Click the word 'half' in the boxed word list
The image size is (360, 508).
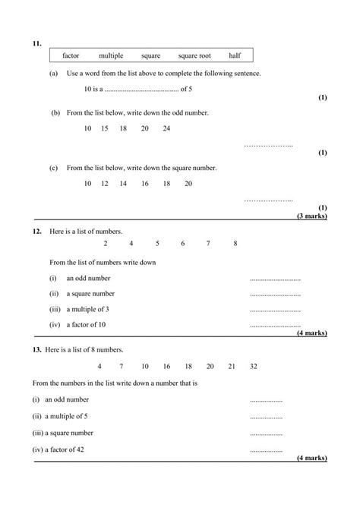[235, 55]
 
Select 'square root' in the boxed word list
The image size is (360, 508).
[195, 55]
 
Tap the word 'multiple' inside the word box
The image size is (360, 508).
[111, 55]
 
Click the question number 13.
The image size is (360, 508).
[36, 349]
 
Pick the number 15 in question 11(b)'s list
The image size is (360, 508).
[105, 128]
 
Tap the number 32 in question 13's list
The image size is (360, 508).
[253, 366]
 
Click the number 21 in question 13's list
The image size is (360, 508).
[232, 366]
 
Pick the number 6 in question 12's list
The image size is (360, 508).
[183, 243]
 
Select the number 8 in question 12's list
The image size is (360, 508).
[235, 243]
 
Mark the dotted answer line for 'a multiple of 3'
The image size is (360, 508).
[275, 311]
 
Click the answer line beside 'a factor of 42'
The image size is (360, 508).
[266, 450]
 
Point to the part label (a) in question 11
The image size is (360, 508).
[53, 73]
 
